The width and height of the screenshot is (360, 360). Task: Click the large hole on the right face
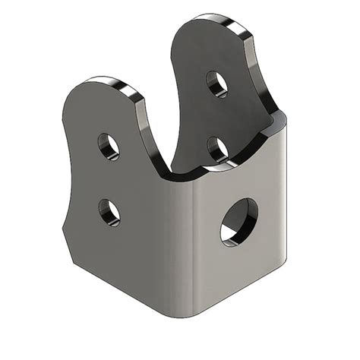[238, 220]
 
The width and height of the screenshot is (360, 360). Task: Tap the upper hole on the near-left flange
[109, 146]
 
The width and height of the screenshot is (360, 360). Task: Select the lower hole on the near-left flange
[109, 211]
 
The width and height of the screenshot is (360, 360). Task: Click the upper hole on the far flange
[218, 83]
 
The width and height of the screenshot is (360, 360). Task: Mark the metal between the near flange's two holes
[109, 178]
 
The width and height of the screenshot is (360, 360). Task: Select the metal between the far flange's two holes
[218, 115]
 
